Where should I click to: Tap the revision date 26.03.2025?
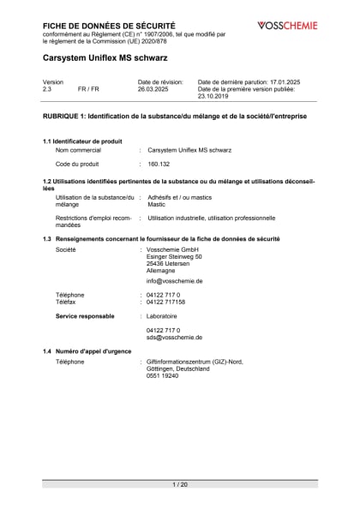click(154, 89)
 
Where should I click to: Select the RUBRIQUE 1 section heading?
click(175, 114)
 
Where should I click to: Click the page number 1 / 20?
click(180, 485)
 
